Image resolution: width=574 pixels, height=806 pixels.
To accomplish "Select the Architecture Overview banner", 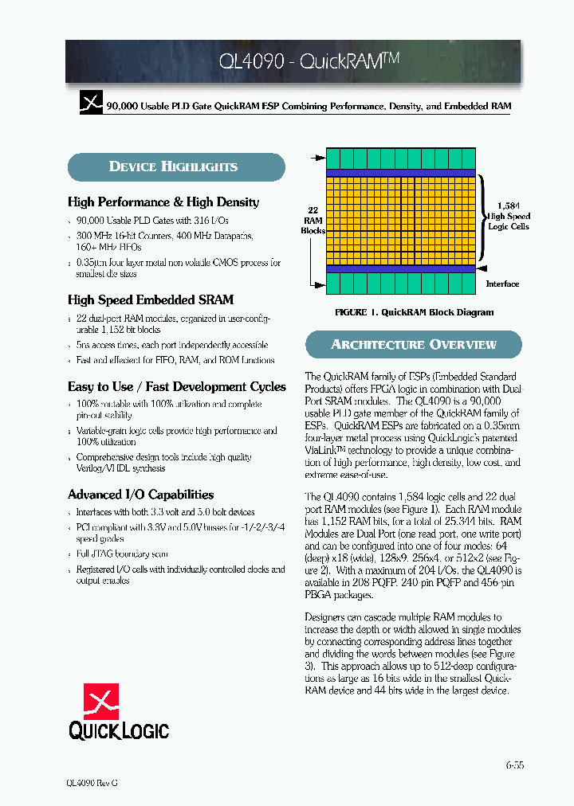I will [x=413, y=345].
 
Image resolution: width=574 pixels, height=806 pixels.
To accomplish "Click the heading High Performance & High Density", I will [x=163, y=202].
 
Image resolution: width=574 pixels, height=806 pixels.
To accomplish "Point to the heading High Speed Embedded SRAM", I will [x=151, y=300].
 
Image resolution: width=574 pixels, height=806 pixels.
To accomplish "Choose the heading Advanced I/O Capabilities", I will [x=140, y=495].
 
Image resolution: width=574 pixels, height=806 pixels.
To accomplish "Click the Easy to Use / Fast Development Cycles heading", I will [x=176, y=387].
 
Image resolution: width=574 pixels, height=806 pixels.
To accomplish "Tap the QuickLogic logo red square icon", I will [x=101, y=701].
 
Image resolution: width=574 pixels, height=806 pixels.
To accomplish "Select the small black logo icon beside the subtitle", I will [x=92, y=104].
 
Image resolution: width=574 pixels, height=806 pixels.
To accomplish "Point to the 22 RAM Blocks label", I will [x=313, y=220].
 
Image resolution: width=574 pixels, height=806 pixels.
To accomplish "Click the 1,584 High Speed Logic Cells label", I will [x=509, y=216].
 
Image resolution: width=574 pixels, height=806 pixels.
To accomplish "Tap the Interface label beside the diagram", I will [x=502, y=284].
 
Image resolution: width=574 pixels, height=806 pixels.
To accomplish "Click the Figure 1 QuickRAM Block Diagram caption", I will [x=414, y=312].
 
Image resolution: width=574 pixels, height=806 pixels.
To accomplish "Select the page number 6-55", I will [x=514, y=765].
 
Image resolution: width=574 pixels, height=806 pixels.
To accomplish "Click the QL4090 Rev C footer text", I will [x=92, y=783].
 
